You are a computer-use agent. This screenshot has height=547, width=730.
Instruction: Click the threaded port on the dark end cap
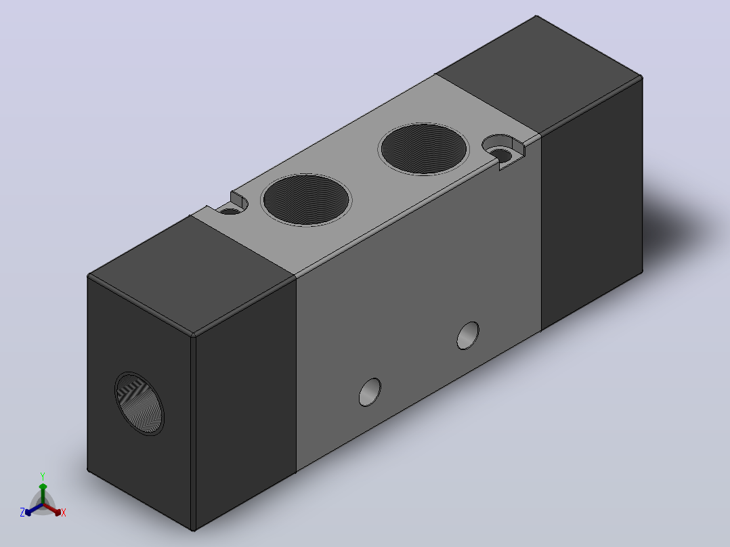[x=139, y=403]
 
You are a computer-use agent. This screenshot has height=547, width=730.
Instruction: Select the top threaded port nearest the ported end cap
[x=306, y=200]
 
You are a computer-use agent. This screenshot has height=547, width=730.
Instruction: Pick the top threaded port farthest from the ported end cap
[x=423, y=149]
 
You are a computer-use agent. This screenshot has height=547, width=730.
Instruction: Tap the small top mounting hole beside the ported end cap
[x=230, y=211]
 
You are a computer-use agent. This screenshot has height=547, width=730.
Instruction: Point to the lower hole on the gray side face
[x=370, y=392]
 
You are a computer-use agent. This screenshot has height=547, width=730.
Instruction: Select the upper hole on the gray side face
[x=468, y=335]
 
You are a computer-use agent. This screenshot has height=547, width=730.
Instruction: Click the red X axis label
[x=64, y=512]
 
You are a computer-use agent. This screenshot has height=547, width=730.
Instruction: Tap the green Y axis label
[x=43, y=476]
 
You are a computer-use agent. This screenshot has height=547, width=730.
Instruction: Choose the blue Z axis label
[x=22, y=512]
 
